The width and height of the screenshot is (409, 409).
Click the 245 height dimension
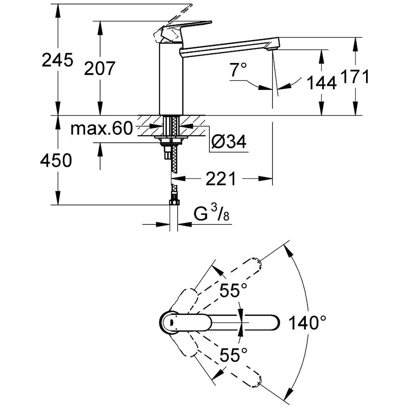pos(57,60)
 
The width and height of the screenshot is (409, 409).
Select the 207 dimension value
pos(100,68)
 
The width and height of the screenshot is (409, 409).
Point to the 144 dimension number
pos(321,83)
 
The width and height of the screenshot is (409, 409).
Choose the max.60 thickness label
pos(102,129)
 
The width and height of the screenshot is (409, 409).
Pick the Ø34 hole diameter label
pos(229,142)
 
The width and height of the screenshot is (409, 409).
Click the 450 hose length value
pos(56,161)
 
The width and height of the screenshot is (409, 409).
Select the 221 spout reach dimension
pos(221,179)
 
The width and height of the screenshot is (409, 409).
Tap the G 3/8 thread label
pos(211,215)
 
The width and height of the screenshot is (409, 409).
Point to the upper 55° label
pos(234,291)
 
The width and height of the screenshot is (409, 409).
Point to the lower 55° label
pos(234,354)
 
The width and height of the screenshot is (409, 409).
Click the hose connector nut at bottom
pos(174,202)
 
